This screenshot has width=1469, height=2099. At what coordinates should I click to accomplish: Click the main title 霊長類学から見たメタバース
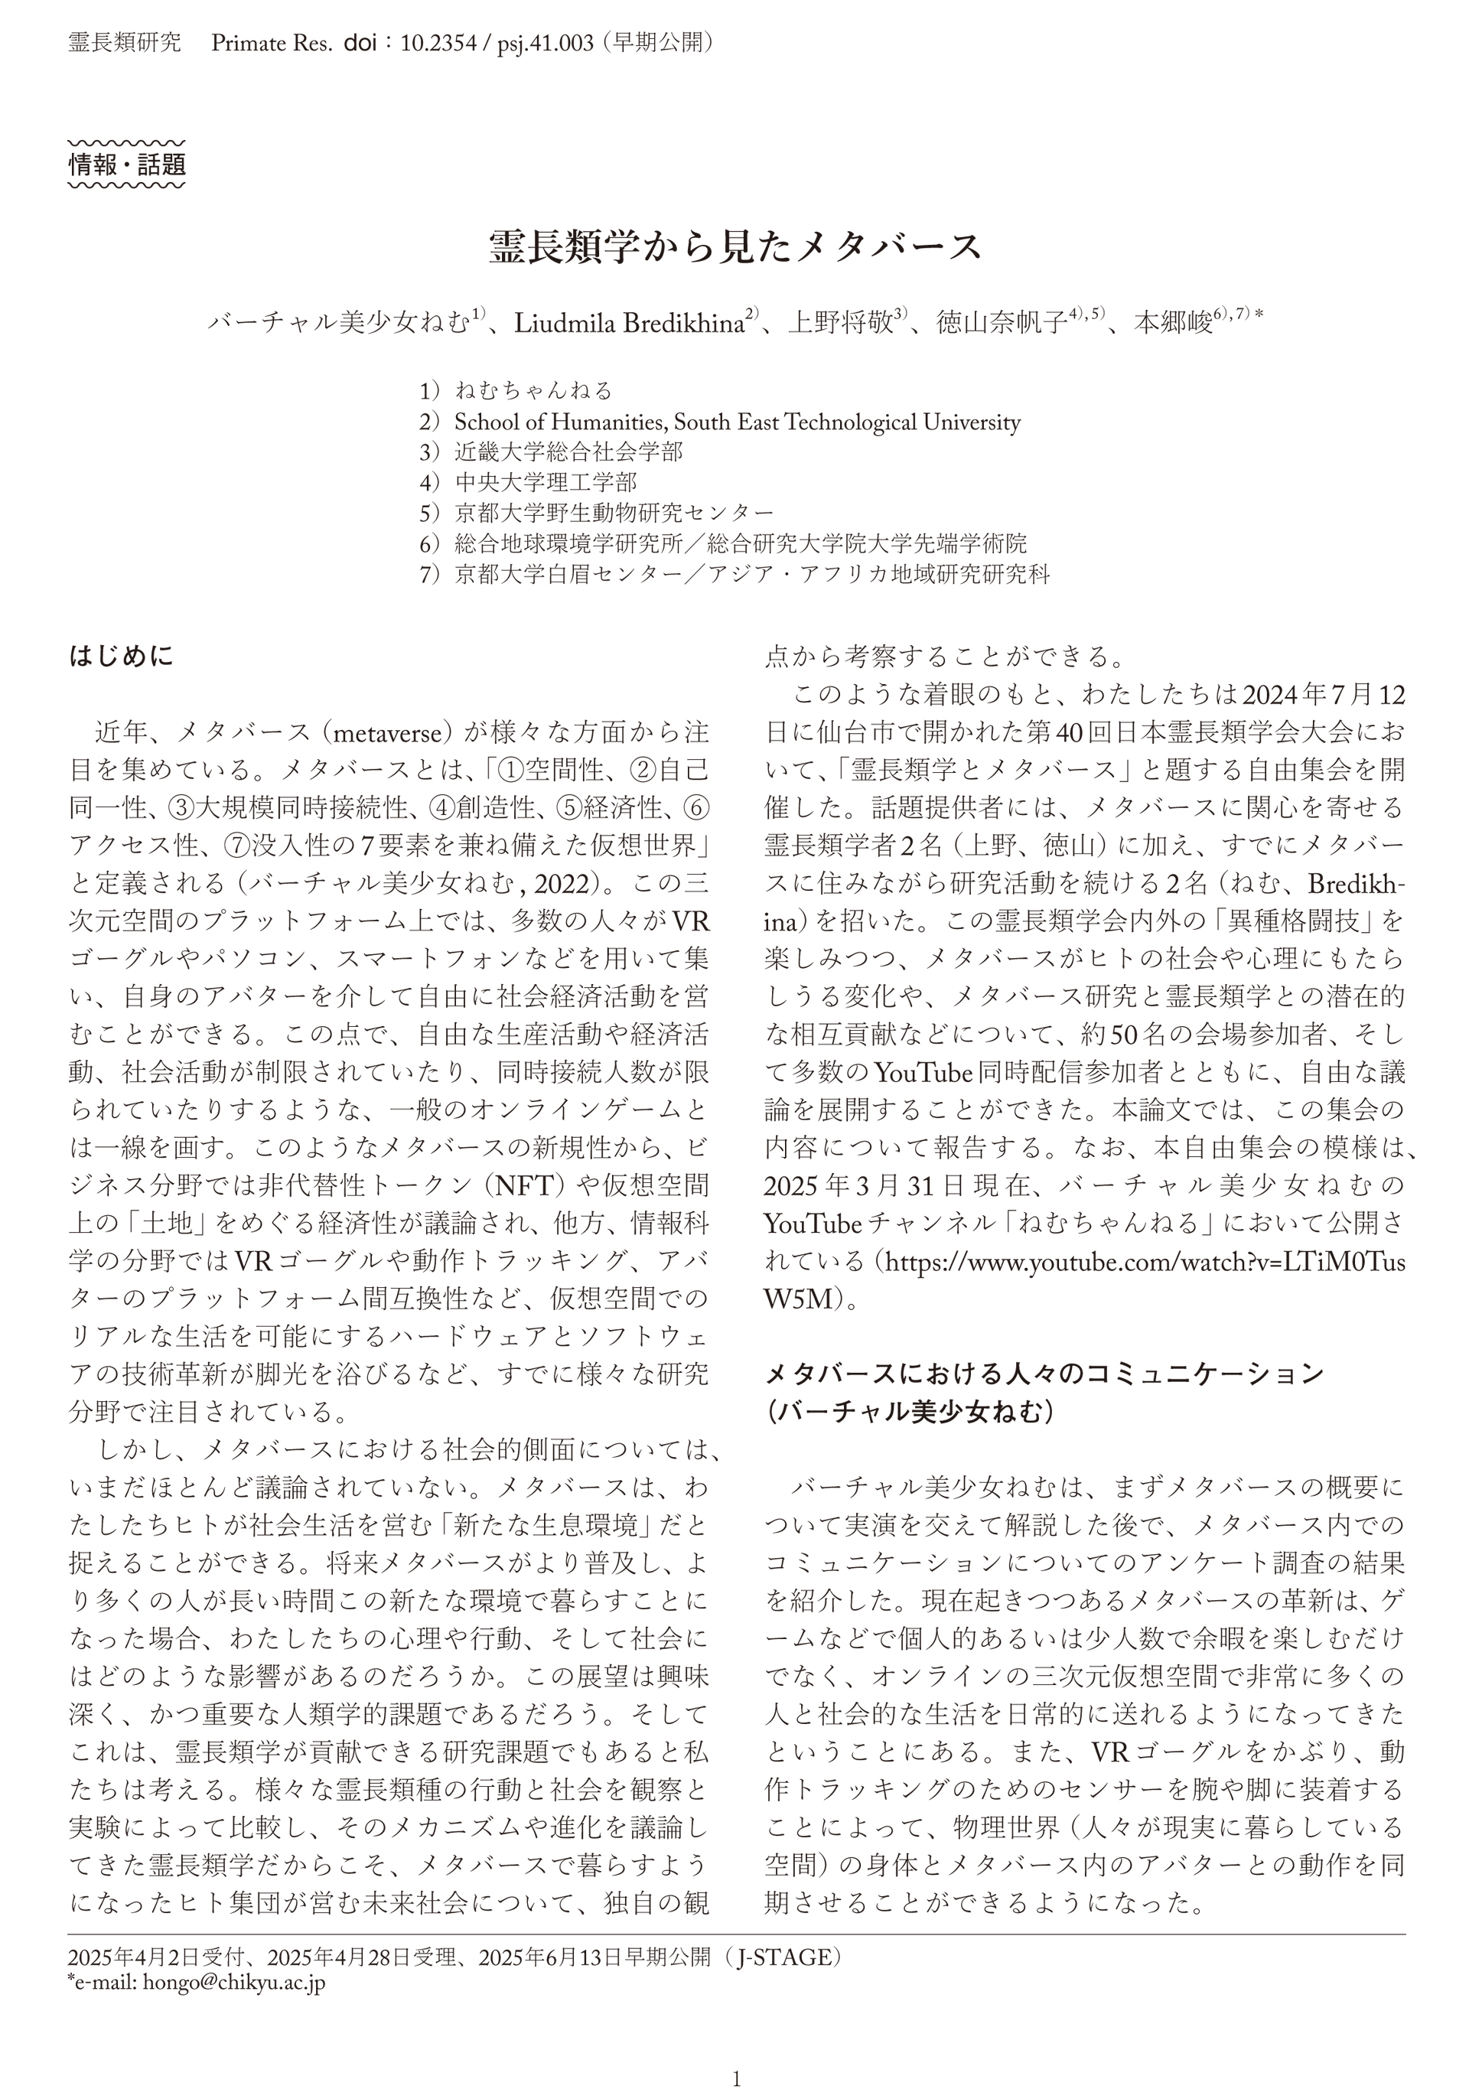coord(734,247)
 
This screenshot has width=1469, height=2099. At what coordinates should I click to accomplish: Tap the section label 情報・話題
coord(127,165)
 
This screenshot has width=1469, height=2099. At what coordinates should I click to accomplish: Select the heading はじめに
coord(121,657)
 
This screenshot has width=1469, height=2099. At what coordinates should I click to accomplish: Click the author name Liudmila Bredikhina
coord(629,324)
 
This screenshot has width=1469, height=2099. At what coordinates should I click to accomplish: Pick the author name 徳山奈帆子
coord(1001,324)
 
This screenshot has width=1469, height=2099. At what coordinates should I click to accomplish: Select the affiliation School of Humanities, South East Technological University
coord(737,422)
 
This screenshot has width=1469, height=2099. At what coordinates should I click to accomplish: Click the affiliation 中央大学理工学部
coord(546,483)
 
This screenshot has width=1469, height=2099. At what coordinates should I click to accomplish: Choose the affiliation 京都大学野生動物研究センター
coord(614,513)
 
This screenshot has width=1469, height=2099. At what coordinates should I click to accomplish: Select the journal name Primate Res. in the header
coord(271,43)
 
